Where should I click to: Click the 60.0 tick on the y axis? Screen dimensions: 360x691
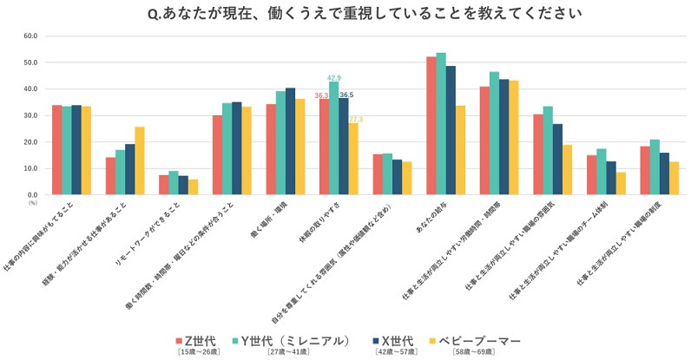point(31,36)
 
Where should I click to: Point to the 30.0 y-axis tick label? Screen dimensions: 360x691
point(31,115)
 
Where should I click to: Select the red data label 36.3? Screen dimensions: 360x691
point(321,95)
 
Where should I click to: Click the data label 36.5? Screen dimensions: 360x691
point(346,95)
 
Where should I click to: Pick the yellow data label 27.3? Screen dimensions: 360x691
point(356,119)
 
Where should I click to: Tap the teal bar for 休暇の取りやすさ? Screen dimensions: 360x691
point(334,138)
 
